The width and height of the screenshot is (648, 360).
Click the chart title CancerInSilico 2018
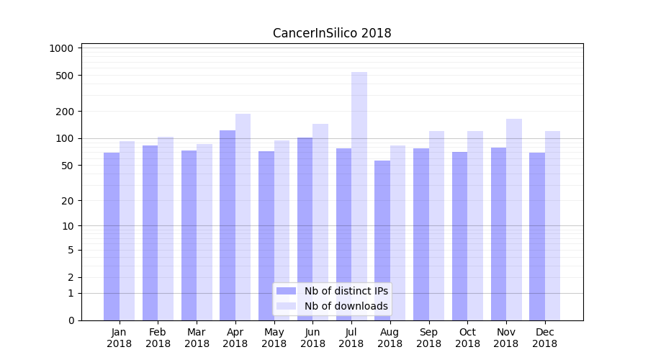click(x=332, y=33)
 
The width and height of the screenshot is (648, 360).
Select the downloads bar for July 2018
click(x=359, y=196)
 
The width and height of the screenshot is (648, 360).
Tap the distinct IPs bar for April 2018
click(x=228, y=225)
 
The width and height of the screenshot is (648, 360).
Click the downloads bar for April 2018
click(x=243, y=217)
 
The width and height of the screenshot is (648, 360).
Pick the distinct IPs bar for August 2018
click(x=382, y=240)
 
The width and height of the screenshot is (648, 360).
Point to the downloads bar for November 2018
click(x=514, y=220)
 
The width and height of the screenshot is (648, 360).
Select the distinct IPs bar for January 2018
click(x=112, y=236)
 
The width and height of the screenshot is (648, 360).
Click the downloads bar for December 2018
click(x=553, y=225)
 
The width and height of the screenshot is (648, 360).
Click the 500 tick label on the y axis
click(x=66, y=76)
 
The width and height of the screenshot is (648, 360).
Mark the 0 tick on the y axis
click(x=71, y=320)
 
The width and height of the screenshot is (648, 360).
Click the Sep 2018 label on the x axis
click(x=428, y=338)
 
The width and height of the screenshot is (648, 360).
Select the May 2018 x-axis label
click(x=274, y=338)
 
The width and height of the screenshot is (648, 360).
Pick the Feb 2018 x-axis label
click(x=158, y=338)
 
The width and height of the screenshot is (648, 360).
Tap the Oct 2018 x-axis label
click(x=467, y=338)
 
